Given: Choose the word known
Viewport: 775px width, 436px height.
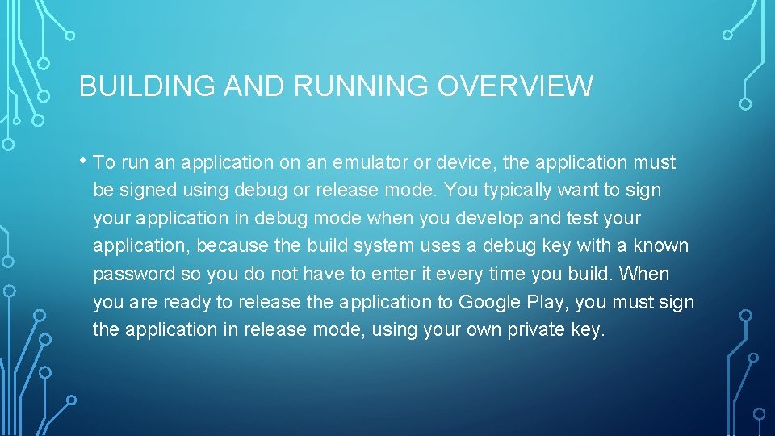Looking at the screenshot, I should click(660, 245).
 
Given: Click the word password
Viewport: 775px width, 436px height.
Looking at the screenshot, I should click(134, 274).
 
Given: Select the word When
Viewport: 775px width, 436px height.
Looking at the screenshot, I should click(643, 274).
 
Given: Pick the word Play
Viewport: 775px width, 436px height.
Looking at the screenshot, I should click(548, 302).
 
